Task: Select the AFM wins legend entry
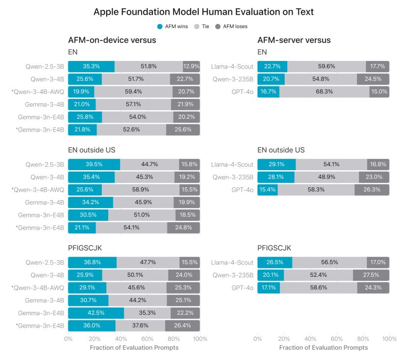coord(175,26)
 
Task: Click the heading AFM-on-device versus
coord(112,40)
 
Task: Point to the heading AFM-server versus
coord(294,40)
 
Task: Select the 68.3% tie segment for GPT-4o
coord(324,91)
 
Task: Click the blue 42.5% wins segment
coord(96,313)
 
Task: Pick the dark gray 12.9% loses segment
coord(191,66)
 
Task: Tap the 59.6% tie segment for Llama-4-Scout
coord(326,66)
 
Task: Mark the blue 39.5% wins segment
coord(94,165)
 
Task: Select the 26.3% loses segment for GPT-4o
coord(372,190)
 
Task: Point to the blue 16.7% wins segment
coord(268,91)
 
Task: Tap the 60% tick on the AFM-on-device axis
coord(147,339)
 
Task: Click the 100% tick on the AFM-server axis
coord(389,339)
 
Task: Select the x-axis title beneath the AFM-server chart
coord(323,348)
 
